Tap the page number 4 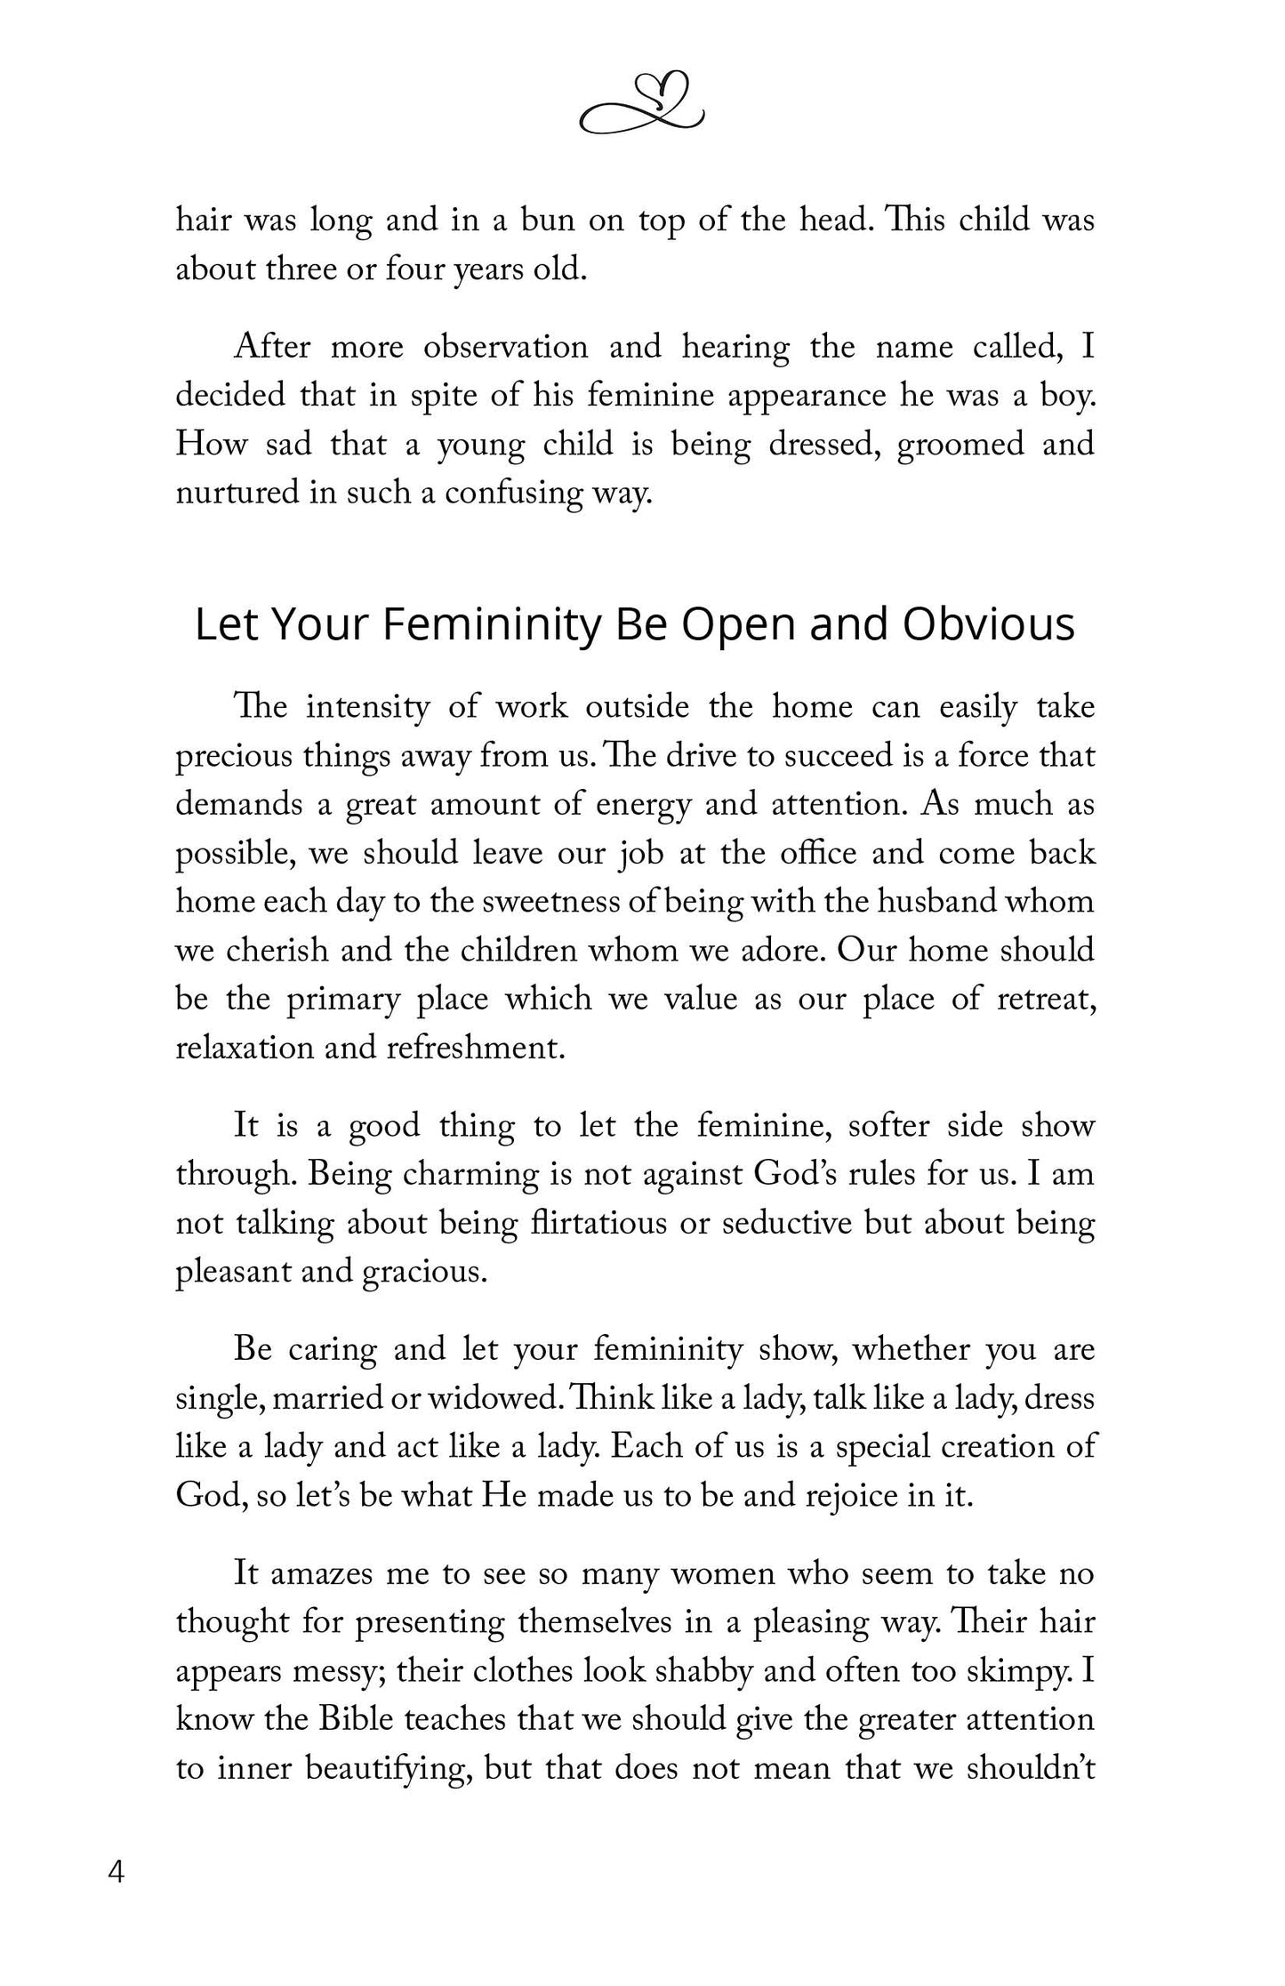116,1871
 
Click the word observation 505,347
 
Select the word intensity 367,708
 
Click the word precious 233,757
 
